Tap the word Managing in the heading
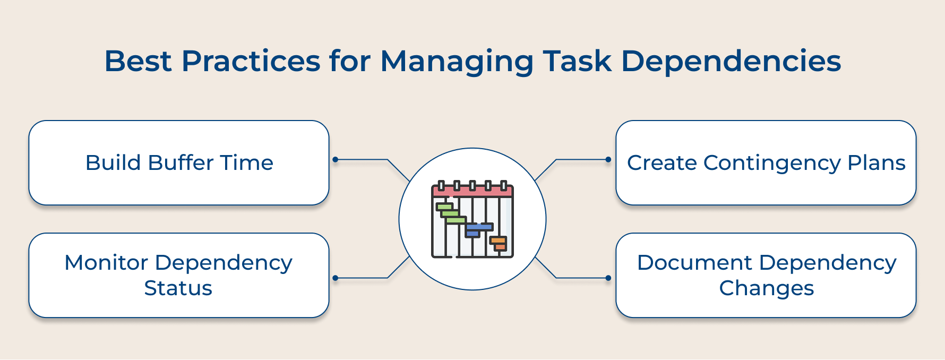pyautogui.click(x=457, y=62)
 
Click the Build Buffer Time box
pyautogui.click(x=179, y=162)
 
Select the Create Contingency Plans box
pyautogui.click(x=766, y=162)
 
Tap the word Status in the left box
pyautogui.click(x=178, y=288)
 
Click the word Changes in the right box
pyautogui.click(x=766, y=288)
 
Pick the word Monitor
pyautogui.click(x=106, y=263)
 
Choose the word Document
pyautogui.click(x=694, y=263)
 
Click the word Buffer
pyautogui.click(x=181, y=162)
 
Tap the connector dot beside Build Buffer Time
pyautogui.click(x=335, y=159)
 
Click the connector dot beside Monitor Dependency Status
pyautogui.click(x=335, y=278)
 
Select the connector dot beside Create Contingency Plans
pyautogui.click(x=608, y=159)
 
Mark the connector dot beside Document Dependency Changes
pyautogui.click(x=608, y=278)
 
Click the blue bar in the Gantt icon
pyautogui.click(x=479, y=227)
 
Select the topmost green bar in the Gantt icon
pyautogui.click(x=444, y=206)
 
